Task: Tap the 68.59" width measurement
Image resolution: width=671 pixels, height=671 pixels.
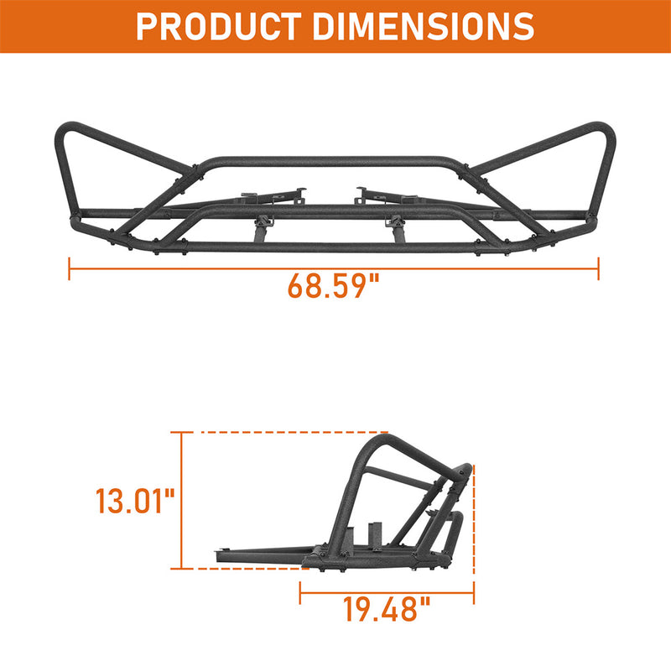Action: (x=334, y=285)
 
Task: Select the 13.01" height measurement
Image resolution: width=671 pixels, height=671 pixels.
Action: (x=134, y=502)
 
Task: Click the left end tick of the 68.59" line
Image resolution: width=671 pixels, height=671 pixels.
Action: (x=70, y=269)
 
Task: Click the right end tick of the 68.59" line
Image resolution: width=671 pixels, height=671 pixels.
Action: (x=598, y=269)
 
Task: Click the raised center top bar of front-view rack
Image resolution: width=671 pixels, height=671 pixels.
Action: (x=335, y=160)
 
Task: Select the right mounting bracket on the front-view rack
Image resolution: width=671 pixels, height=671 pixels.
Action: (x=386, y=195)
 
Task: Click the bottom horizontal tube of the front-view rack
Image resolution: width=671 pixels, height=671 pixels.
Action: (x=335, y=247)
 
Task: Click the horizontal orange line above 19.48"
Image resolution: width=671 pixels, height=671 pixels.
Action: (x=386, y=592)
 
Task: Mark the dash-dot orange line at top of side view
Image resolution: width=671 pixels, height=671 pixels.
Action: (x=277, y=433)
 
